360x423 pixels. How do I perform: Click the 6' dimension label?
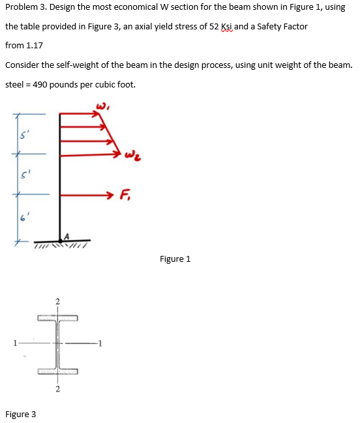(22, 217)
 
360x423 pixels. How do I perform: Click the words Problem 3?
(25, 7)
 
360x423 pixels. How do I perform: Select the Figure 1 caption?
(175, 259)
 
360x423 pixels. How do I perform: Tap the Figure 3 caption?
(20, 415)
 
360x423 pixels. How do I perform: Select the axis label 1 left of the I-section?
(10, 344)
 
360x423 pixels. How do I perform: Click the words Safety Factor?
(278, 27)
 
